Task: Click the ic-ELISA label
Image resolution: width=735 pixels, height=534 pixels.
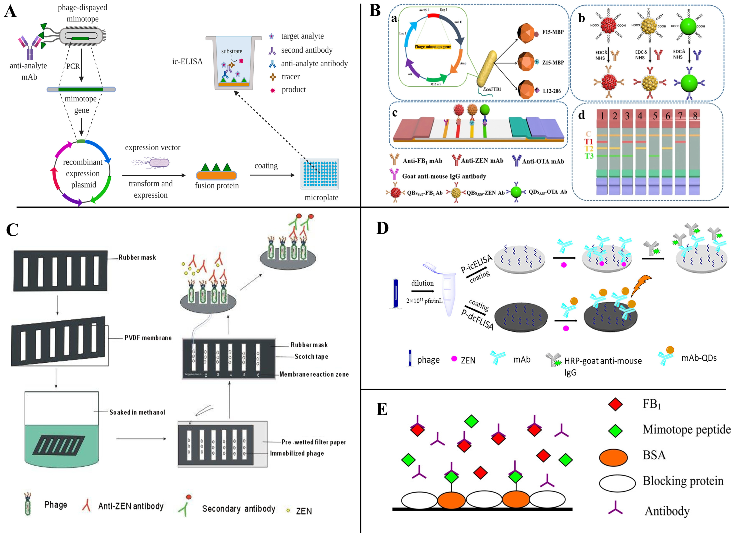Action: (187, 62)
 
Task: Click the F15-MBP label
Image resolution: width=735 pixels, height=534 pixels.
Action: (553, 32)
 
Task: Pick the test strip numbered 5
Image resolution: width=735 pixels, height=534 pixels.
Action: (655, 152)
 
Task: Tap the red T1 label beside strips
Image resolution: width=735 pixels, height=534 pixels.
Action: (589, 142)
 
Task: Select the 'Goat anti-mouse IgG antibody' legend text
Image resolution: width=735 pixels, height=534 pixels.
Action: (444, 176)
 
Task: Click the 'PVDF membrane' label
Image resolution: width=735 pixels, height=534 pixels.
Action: (148, 338)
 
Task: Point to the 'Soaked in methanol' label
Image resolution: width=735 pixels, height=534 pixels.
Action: (137, 412)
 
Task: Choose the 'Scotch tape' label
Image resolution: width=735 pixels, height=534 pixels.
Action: (311, 356)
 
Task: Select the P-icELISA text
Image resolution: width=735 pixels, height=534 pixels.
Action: (476, 263)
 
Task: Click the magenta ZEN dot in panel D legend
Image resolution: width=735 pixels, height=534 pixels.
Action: (454, 359)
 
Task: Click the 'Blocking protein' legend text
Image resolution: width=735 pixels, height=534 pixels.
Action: (683, 481)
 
